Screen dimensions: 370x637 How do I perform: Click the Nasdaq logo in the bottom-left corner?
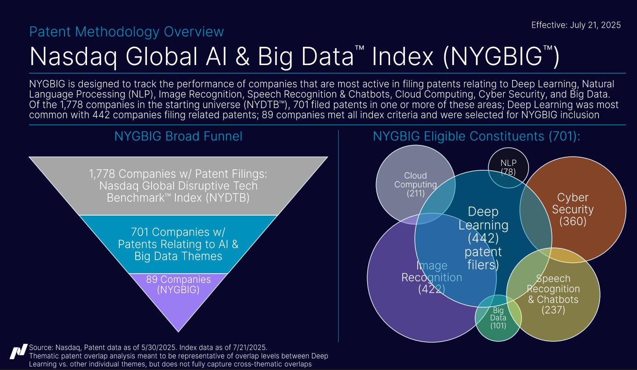pyautogui.click(x=18, y=351)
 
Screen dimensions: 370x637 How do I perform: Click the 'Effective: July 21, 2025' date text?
pyautogui.click(x=576, y=25)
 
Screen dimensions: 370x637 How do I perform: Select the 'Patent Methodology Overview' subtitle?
pyautogui.click(x=126, y=32)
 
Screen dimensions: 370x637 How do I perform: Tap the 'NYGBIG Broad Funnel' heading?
pyautogui.click(x=178, y=136)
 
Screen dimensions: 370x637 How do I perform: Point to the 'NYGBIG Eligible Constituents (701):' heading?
pyautogui.click(x=476, y=136)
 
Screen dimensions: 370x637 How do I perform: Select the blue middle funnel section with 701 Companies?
pyautogui.click(x=178, y=244)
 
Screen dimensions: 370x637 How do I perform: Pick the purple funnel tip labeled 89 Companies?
pyautogui.click(x=178, y=290)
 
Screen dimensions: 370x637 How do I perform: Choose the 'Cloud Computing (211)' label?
pyautogui.click(x=415, y=184)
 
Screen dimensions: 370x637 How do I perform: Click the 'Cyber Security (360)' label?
pyautogui.click(x=572, y=209)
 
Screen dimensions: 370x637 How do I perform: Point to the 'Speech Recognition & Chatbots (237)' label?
pyautogui.click(x=553, y=294)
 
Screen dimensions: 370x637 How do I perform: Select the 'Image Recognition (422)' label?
pyautogui.click(x=431, y=277)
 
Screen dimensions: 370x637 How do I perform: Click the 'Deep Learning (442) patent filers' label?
pyautogui.click(x=483, y=238)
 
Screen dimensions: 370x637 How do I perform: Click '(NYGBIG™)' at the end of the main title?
pyautogui.click(x=500, y=57)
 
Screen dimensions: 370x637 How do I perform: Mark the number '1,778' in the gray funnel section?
pyautogui.click(x=102, y=174)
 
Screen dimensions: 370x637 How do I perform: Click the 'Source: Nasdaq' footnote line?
pyautogui.click(x=148, y=347)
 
